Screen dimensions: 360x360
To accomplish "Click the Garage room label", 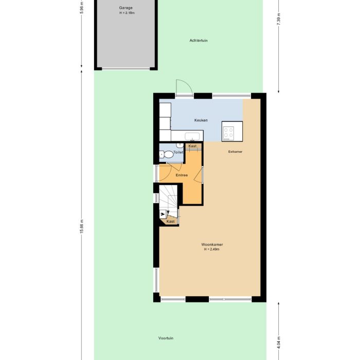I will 125,8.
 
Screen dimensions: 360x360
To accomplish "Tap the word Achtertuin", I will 199,40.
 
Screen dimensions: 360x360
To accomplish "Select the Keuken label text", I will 201,120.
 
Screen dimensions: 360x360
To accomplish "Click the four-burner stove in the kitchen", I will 228,133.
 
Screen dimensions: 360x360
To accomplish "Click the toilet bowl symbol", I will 168,153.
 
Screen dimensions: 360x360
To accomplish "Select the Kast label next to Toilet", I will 192,146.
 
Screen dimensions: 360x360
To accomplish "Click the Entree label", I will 182,175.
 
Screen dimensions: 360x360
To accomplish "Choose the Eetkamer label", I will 236,152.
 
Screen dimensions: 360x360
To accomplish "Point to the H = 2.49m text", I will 211,249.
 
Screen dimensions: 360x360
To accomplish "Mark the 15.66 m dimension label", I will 81,226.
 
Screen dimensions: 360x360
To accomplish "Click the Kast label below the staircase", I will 171,221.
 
